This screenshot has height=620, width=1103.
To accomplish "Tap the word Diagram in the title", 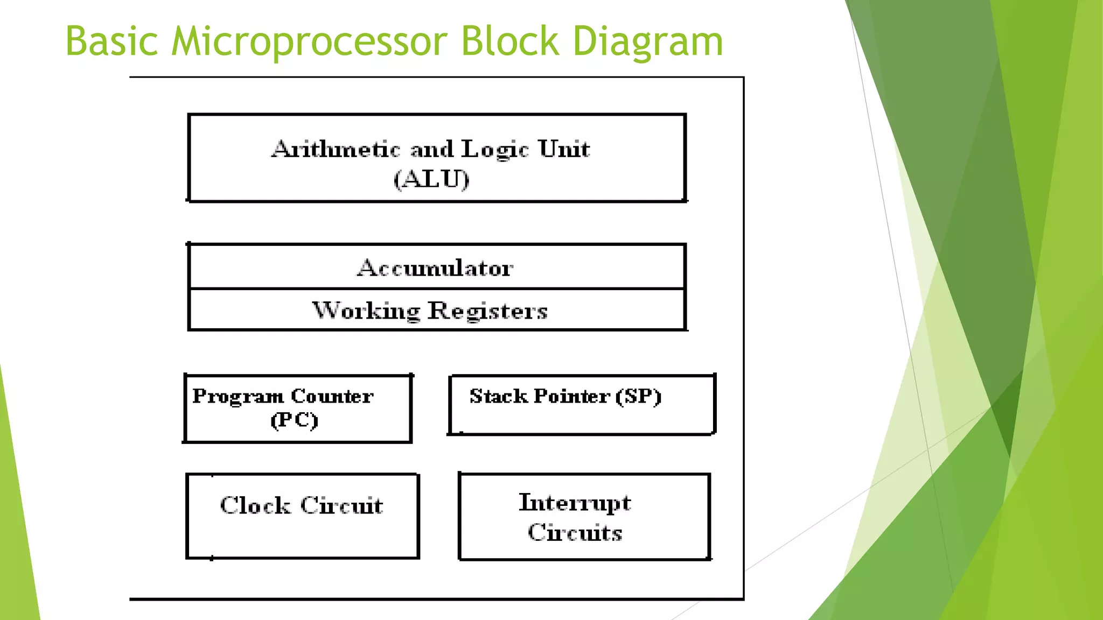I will (x=647, y=41).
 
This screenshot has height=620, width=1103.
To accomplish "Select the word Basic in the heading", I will (x=111, y=41).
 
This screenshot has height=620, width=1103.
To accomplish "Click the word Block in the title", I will (x=510, y=41).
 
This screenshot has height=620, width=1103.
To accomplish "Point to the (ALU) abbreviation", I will (x=431, y=179).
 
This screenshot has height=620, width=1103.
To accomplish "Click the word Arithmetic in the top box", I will (x=336, y=149).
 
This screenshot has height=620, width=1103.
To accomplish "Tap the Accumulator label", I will (x=435, y=268).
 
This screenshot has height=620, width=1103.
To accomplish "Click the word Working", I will (x=366, y=311).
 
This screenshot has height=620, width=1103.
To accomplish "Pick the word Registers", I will (x=487, y=311).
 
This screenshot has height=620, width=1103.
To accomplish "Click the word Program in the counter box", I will (x=238, y=397).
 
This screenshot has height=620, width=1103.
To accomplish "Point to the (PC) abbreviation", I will (x=294, y=420).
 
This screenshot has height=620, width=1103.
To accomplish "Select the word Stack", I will (x=498, y=396).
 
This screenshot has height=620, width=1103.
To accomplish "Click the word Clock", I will (x=255, y=505).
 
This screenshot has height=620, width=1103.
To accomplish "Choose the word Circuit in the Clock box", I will (x=341, y=505).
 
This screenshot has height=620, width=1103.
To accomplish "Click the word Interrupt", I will (x=575, y=503).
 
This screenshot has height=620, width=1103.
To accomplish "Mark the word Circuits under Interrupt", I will (x=575, y=532).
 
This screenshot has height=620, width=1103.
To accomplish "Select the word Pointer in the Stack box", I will (x=572, y=396).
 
